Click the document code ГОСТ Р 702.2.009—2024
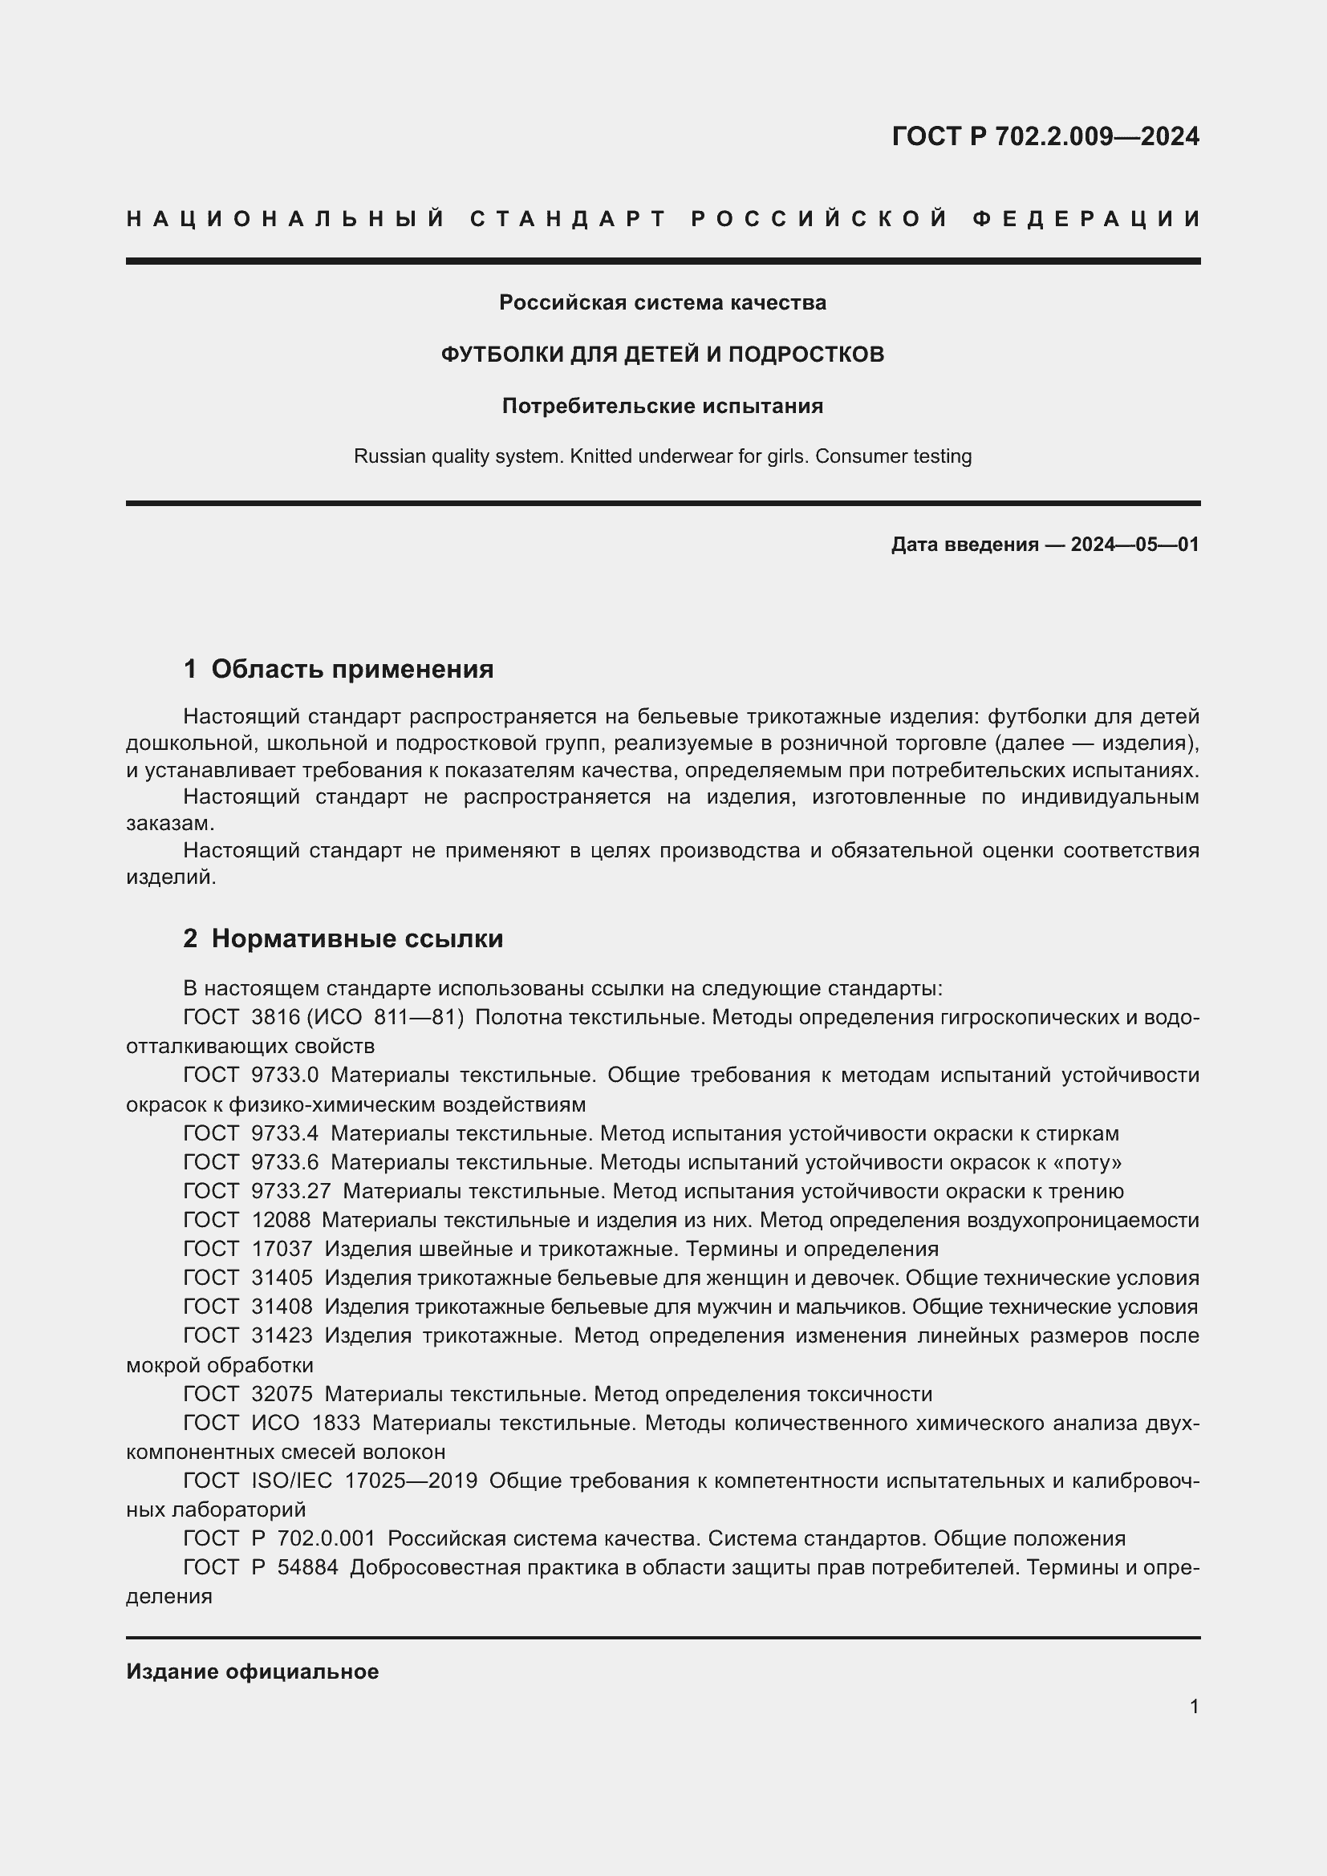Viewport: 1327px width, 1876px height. coord(1045,136)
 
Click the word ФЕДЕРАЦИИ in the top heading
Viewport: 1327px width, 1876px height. coord(1086,219)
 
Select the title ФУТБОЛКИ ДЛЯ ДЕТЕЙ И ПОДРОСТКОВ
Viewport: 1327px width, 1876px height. coord(663,355)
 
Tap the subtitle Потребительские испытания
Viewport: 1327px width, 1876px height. coord(663,406)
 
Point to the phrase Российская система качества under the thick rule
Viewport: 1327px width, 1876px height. coord(663,303)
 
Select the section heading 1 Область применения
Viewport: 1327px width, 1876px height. coord(339,669)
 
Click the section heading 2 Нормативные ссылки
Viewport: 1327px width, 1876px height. coord(343,939)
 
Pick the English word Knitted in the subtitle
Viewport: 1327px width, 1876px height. coord(601,456)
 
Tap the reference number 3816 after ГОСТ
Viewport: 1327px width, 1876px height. coord(276,1017)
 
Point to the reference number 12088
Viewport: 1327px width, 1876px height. coord(281,1220)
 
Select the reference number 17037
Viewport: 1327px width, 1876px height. coord(281,1249)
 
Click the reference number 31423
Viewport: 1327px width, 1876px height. coord(281,1335)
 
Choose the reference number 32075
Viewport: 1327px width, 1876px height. coord(281,1394)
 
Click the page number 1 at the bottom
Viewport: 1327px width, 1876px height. coord(1194,1706)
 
